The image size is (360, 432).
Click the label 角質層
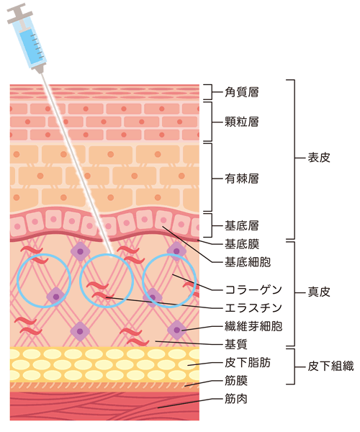[242, 92]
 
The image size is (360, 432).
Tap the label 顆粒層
[242, 122]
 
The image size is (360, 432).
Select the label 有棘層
[242, 179]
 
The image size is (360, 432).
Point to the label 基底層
[242, 225]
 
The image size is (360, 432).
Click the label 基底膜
[242, 244]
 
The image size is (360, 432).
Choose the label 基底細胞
[248, 262]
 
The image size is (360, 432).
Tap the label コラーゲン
[253, 290]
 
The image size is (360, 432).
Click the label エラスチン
[253, 308]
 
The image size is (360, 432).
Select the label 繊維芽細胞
[253, 326]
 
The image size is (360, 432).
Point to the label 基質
[235, 344]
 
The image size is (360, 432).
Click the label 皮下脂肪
[248, 363]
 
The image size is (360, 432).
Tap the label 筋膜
[235, 381]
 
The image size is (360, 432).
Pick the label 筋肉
[235, 399]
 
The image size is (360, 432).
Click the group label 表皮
[319, 158]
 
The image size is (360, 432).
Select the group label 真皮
[319, 292]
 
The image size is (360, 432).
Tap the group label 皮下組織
[330, 366]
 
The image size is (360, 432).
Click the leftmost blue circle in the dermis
[17, 281]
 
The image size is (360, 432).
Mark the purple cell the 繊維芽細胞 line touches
[176, 330]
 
